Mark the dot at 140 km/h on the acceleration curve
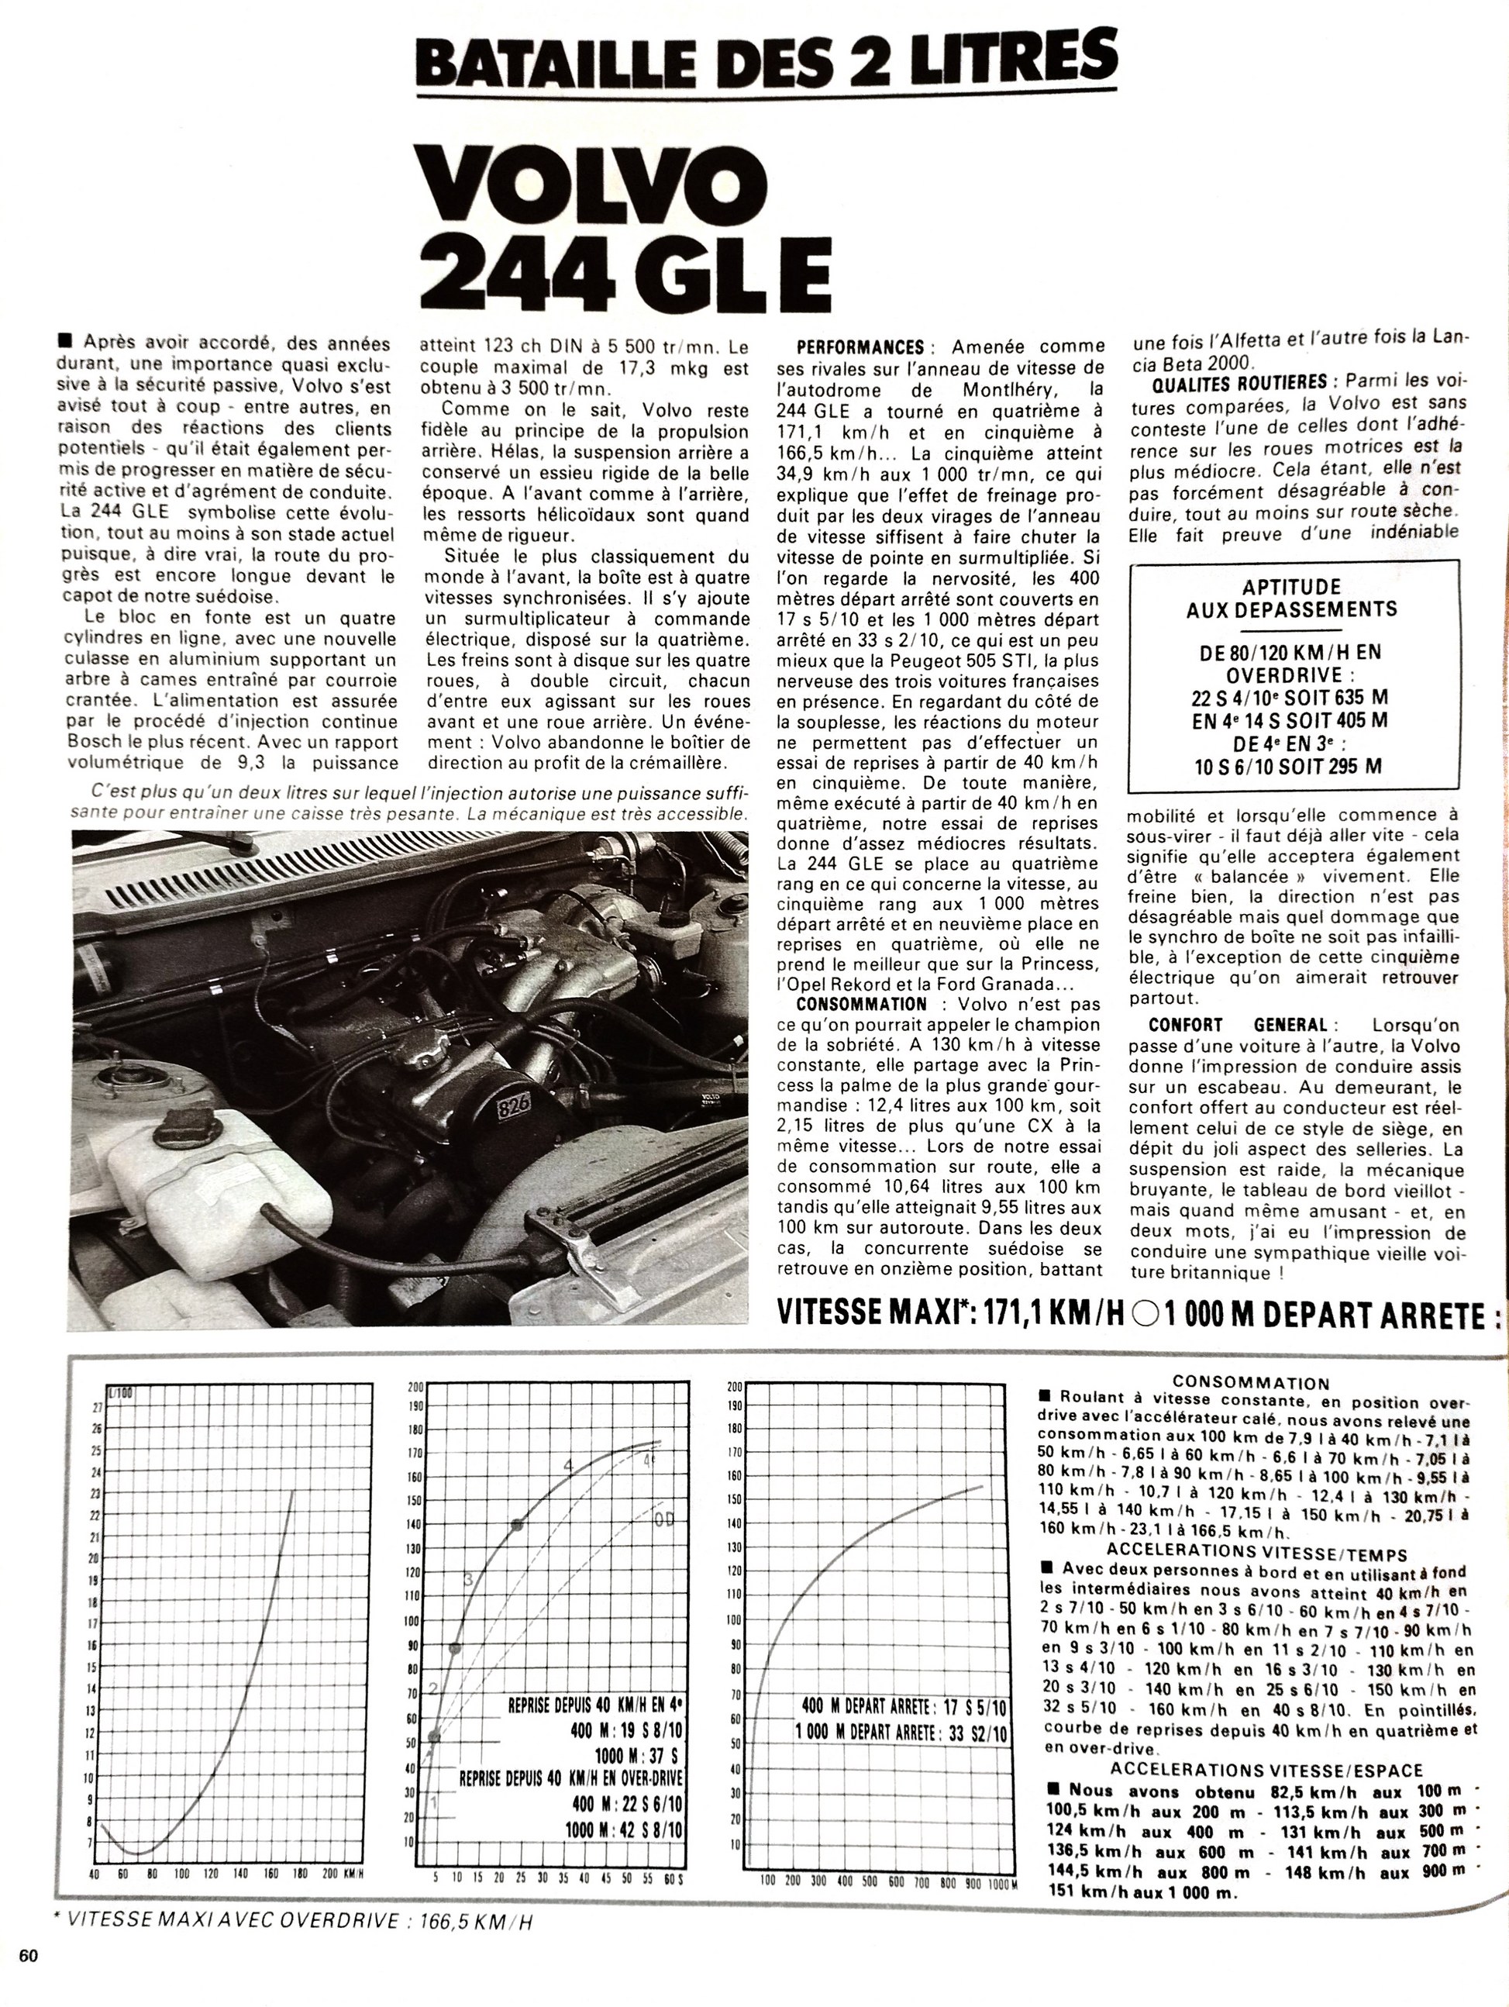(516, 1525)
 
